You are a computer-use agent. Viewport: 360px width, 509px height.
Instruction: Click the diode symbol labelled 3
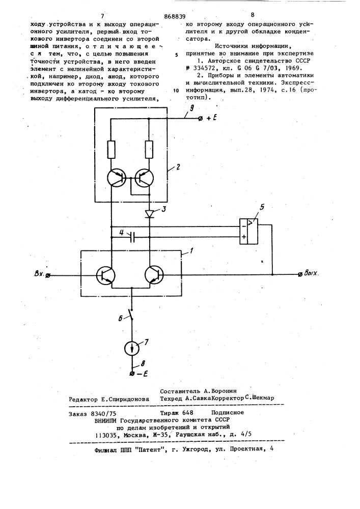click(x=150, y=213)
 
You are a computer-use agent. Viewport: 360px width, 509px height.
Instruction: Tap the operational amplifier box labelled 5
click(x=248, y=231)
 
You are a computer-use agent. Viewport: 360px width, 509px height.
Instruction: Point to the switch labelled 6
click(x=131, y=314)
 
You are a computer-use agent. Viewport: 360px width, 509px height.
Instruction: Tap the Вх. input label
click(x=40, y=274)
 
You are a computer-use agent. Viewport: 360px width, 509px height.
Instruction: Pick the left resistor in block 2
click(x=111, y=150)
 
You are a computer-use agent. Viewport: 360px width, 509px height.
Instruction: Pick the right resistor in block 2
click(x=149, y=150)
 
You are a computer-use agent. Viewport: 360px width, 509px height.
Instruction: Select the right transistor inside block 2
click(x=144, y=178)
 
